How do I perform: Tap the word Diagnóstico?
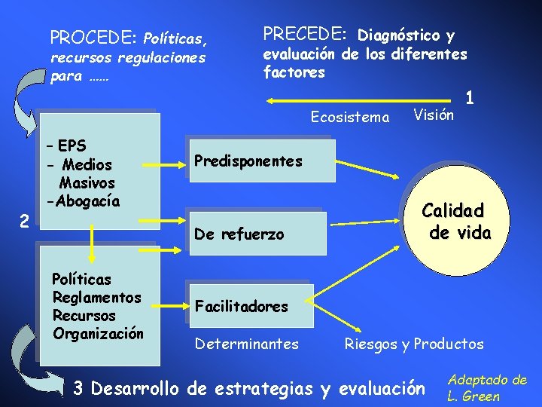(399, 35)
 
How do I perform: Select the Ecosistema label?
(350, 117)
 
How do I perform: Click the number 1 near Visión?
(470, 98)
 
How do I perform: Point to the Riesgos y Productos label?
(414, 344)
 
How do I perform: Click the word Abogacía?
(83, 201)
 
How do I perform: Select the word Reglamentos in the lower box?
(96, 298)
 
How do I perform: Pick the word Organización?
(98, 332)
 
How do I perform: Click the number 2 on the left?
(25, 222)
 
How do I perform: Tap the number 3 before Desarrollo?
(78, 389)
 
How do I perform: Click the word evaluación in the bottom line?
(382, 389)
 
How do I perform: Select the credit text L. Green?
(473, 396)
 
